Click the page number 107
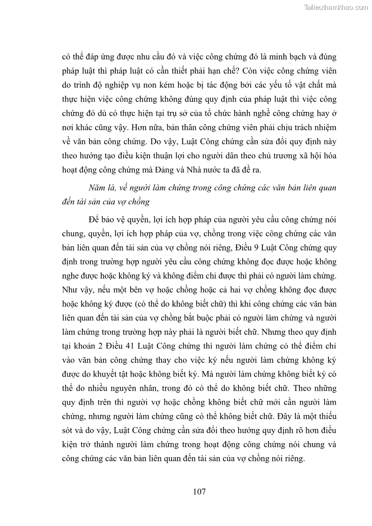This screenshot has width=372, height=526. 199,492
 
